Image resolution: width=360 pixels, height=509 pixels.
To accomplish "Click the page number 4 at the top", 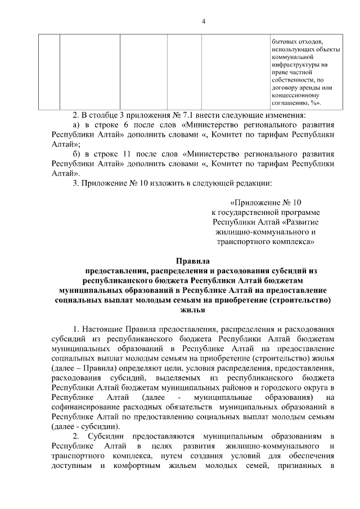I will (x=204, y=21).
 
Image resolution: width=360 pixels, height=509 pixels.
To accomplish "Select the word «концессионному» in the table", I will (x=296, y=95).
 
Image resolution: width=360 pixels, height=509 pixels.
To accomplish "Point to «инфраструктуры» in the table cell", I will (x=296, y=65).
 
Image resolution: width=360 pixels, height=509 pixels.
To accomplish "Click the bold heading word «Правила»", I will (x=192, y=260).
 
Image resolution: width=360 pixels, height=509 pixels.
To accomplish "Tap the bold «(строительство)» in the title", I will (x=299, y=299).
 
